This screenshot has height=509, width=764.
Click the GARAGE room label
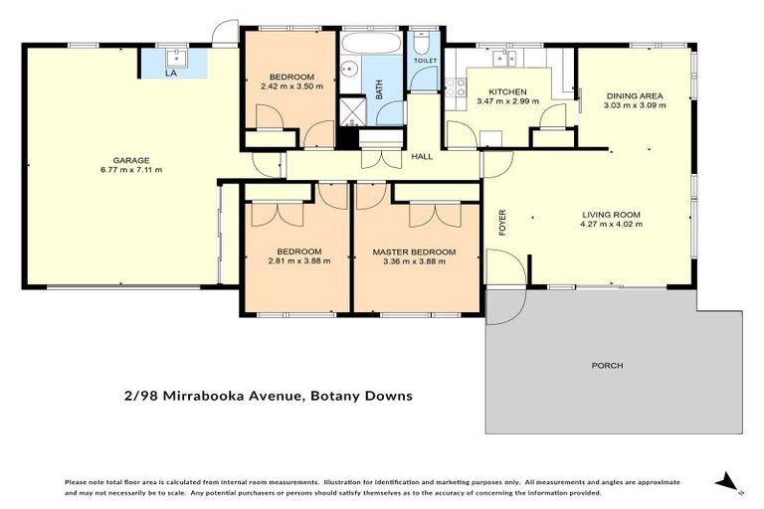tap(130, 159)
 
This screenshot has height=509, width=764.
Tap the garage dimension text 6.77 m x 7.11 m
tap(130, 169)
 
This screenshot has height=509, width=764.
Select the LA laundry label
tap(171, 73)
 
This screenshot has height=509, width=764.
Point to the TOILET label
tap(425, 61)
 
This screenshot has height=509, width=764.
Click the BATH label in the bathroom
tap(379, 89)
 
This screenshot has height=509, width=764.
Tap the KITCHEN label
tap(507, 91)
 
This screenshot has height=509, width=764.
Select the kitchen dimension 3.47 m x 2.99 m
tap(507, 101)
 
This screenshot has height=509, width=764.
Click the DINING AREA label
tap(633, 95)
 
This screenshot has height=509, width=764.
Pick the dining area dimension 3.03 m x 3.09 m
tap(633, 105)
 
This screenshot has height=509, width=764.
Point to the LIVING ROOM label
tap(611, 214)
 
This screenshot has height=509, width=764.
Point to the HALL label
tap(422, 157)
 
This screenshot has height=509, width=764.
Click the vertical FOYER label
tap(502, 221)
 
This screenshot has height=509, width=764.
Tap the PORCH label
tap(607, 366)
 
